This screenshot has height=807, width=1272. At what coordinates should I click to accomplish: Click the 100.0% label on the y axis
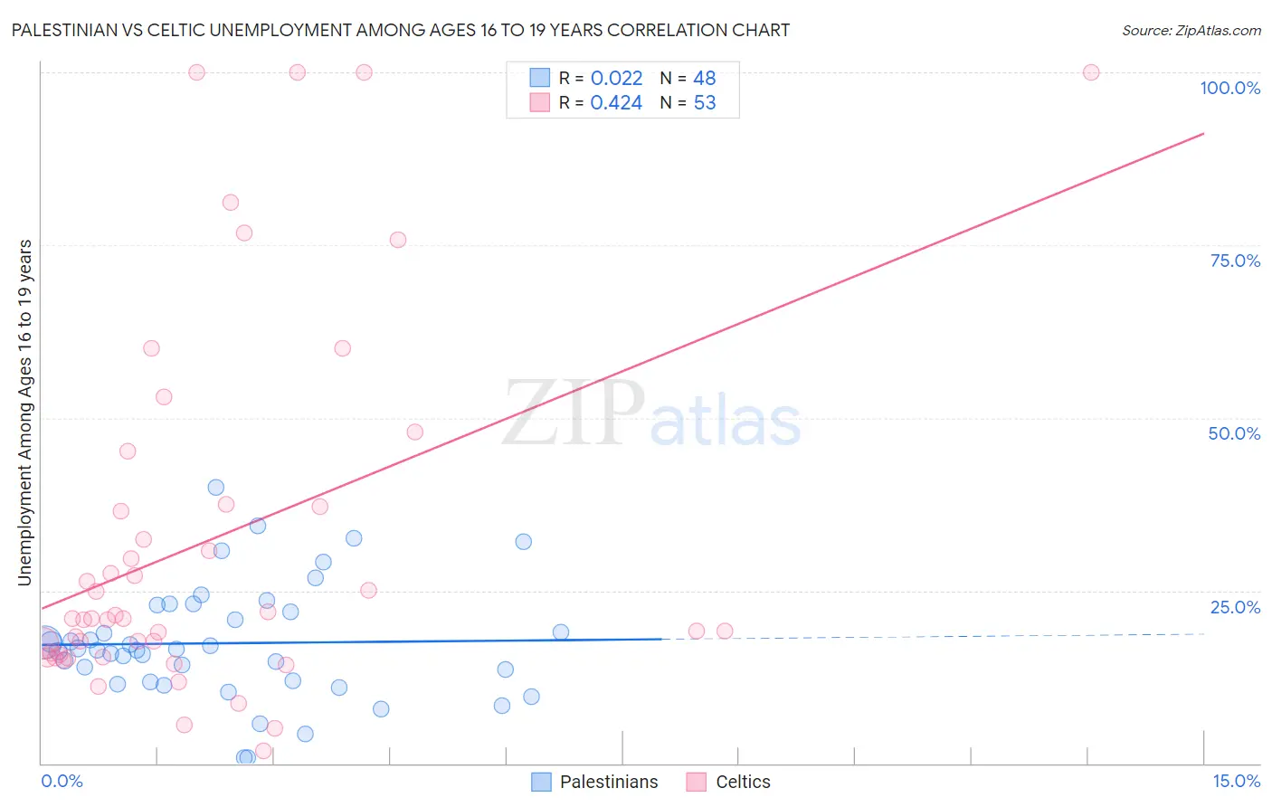coord(1229,88)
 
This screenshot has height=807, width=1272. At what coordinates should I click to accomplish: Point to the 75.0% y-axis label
coord(1235,261)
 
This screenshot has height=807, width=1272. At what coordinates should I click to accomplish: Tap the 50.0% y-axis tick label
coord(1234,433)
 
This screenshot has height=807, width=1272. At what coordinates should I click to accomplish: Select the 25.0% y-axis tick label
coord(1235,607)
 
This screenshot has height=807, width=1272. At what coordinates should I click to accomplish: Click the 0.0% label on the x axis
coord(62,781)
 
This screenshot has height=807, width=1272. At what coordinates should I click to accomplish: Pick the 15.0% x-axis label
coord(1236,781)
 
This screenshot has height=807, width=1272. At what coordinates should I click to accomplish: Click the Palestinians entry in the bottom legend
coord(608,782)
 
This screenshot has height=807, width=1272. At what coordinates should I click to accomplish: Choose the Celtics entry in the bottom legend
coord(743,782)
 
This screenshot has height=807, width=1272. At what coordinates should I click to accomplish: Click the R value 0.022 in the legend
coord(616,79)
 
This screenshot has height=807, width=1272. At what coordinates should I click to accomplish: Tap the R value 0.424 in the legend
coord(616,103)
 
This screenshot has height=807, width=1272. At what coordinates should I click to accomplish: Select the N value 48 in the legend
coord(705,79)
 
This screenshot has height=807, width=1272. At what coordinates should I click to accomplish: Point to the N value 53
coord(705,103)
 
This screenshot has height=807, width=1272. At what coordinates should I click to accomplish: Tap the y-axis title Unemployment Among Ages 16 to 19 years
coord(25,413)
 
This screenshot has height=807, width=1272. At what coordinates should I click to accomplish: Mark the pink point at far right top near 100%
coord(1091,72)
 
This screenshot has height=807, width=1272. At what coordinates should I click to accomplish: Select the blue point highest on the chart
coord(216,488)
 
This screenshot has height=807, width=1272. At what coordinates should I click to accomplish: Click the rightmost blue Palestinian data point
coord(561,632)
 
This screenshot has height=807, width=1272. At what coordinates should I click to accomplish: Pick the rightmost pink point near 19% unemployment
coord(725,631)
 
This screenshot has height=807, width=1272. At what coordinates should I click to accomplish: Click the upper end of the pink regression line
coord(1203,134)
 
